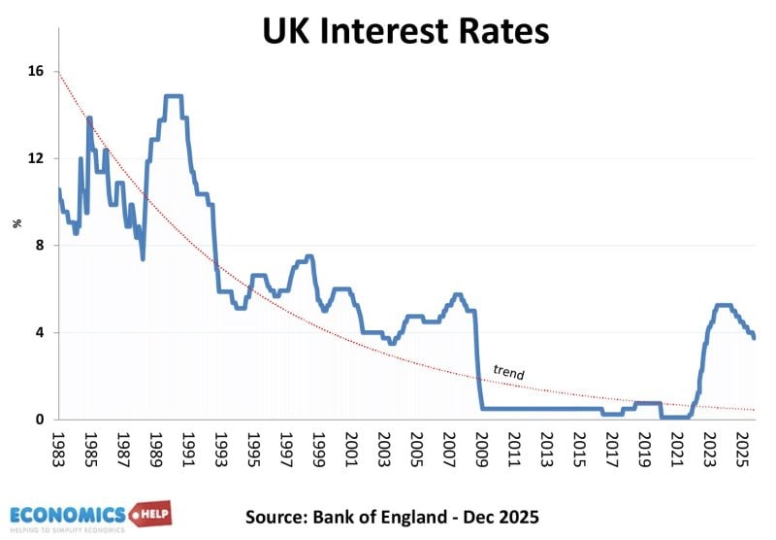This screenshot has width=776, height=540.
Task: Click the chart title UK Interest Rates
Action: coord(405,31)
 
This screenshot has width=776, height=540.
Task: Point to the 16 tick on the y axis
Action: coord(38,72)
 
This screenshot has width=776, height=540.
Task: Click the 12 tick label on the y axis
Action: coord(38,158)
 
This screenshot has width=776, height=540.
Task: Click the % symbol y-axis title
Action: coord(16,223)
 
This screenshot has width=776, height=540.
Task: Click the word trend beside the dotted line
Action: coord(508,370)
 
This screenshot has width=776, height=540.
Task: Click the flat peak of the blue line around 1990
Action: coord(174,96)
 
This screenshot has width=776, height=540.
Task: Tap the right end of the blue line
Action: coord(755,337)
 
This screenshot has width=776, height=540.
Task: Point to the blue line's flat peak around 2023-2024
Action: coord(723,305)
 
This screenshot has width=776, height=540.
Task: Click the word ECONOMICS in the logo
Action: coord(68,514)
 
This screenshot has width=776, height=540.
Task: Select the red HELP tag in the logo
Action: coord(149,514)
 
